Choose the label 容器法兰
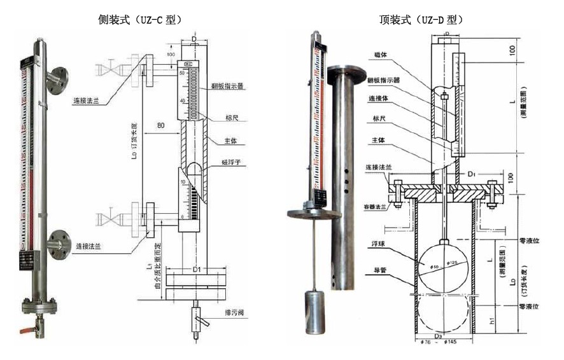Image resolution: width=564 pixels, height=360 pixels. point(377,206)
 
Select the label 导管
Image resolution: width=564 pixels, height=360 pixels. point(378,269)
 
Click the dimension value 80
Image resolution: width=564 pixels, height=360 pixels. point(162,126)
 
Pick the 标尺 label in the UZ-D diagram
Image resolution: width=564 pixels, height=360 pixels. point(375,119)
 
